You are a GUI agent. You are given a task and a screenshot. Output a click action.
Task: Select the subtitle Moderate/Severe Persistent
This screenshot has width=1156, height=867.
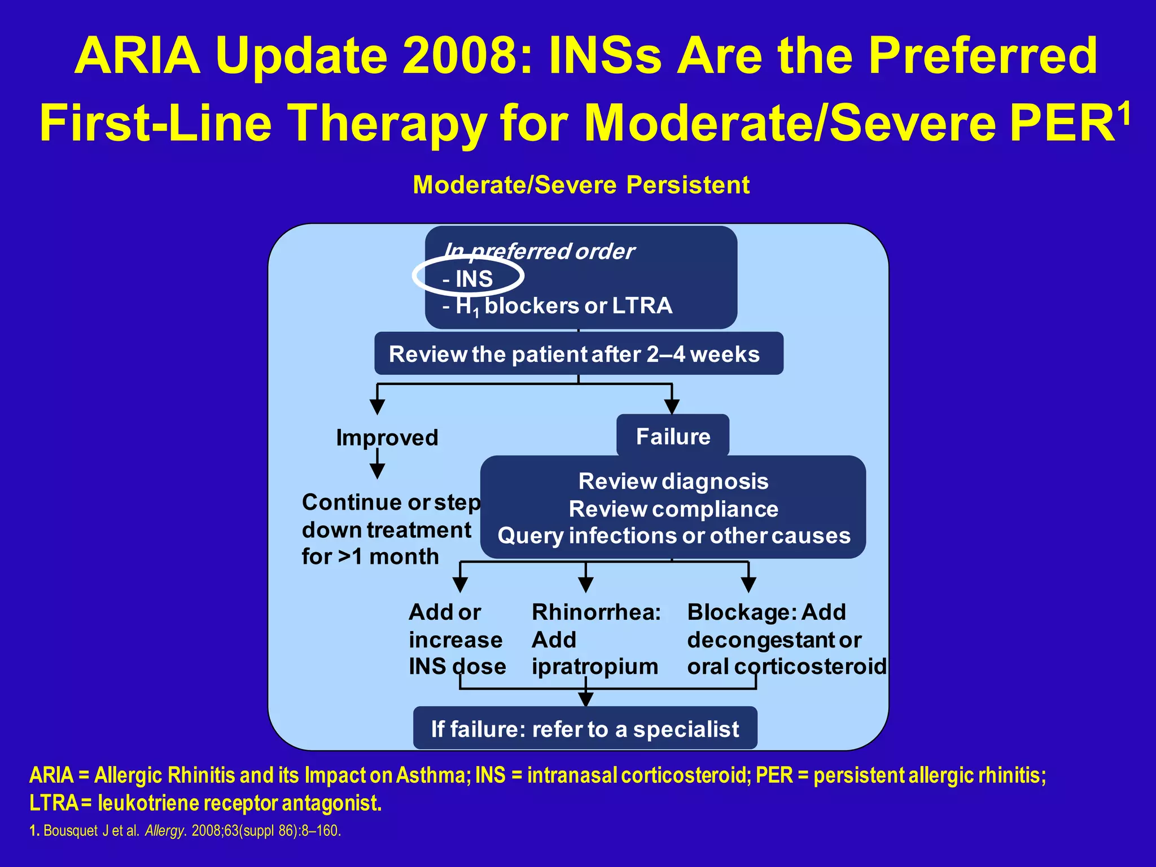point(581,185)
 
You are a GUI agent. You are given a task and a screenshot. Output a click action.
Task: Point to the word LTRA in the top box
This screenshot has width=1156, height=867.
point(642,306)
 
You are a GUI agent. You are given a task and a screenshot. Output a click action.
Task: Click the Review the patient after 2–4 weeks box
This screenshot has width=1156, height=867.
point(579,354)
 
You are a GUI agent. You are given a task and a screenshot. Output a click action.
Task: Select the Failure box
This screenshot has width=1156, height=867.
point(673,436)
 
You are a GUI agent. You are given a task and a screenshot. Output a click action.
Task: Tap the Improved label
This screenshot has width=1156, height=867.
point(387,437)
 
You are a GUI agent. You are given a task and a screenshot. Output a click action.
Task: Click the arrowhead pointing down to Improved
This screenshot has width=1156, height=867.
point(377,406)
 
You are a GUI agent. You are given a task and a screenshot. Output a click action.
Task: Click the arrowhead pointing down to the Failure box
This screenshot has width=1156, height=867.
point(672,406)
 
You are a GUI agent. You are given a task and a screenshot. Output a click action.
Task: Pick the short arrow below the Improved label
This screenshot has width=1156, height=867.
point(377,466)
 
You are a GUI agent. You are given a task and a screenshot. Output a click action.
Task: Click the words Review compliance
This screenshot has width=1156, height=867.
point(673,509)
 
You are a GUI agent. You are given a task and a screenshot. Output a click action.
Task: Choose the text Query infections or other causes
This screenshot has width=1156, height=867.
point(673,536)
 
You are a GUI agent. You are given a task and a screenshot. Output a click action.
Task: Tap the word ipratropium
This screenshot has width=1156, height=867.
point(594,667)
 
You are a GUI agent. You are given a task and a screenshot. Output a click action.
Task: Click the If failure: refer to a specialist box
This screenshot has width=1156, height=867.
point(585,729)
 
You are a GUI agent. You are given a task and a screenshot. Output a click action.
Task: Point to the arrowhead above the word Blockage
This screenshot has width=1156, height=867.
point(748,584)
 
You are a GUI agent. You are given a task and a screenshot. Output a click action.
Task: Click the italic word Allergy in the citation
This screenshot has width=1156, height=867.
point(164,831)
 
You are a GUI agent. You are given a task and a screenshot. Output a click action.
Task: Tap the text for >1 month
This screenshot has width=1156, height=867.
point(370,557)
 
